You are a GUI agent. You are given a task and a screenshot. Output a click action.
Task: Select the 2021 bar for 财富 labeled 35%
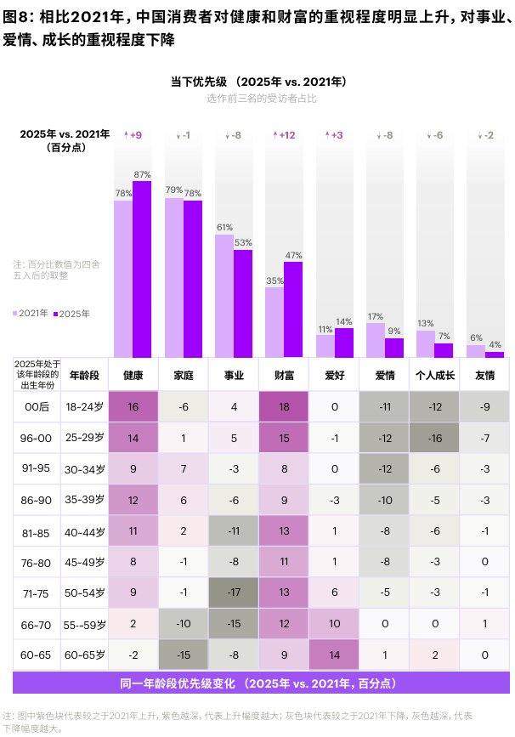point(274,322)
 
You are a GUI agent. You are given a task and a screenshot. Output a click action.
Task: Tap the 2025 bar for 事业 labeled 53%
point(243,303)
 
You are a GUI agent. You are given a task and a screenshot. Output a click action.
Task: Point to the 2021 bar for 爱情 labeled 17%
point(375,340)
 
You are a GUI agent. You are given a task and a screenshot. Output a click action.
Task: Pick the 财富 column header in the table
point(284,375)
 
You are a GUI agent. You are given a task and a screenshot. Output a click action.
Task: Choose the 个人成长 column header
point(434,375)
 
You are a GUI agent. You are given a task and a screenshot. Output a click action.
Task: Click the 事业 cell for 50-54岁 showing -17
point(234,592)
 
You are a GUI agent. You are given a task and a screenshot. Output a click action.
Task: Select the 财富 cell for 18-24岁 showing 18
point(284,406)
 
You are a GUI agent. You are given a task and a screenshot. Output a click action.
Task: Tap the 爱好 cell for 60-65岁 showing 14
point(334,655)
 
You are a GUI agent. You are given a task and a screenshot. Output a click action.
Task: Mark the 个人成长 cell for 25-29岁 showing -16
point(434,438)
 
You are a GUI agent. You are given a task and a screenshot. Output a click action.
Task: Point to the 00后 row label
point(37,406)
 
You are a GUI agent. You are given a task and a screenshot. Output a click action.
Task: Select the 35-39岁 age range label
point(87,500)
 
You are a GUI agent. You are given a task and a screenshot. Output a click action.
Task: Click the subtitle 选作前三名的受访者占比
point(261,99)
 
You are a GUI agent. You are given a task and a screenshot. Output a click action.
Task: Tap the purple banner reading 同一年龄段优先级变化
point(257,683)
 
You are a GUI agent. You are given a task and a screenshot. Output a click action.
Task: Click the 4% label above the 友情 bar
point(495,344)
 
